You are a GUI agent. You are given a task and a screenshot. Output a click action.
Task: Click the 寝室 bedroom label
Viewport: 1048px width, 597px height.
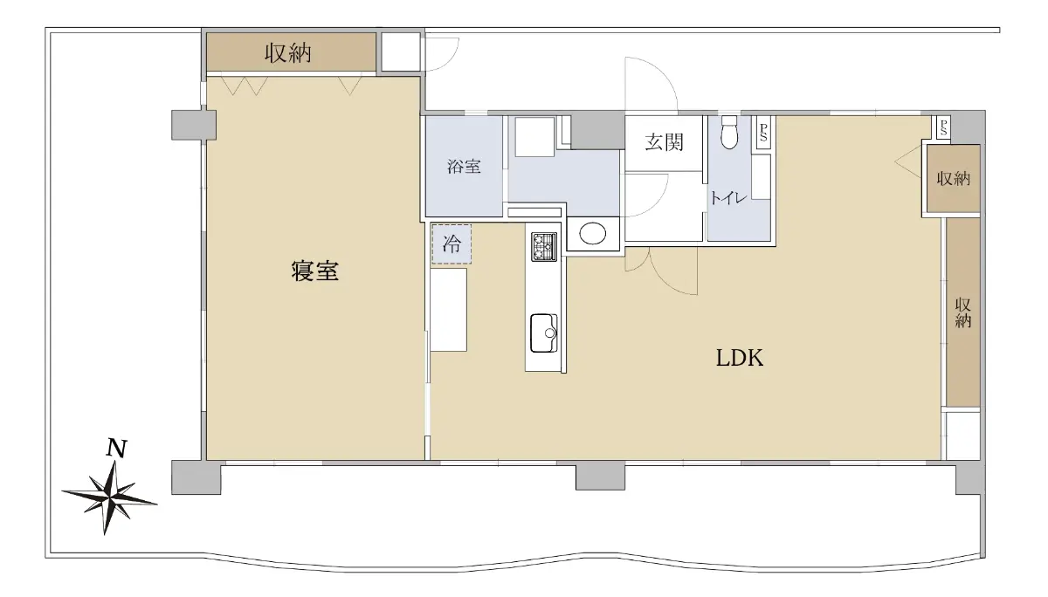[314, 271]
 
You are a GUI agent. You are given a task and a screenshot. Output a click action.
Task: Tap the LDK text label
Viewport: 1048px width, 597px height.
[740, 358]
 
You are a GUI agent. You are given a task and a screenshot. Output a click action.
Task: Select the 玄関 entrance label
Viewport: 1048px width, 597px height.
[664, 142]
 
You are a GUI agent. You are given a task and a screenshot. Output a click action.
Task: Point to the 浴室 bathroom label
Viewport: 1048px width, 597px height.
[464, 167]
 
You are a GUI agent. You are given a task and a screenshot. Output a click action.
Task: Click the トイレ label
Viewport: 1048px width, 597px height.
[728, 198]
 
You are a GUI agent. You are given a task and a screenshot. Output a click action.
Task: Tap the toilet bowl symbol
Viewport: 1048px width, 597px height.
[729, 133]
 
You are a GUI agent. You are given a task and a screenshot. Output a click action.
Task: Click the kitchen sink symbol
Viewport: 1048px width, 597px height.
[543, 333]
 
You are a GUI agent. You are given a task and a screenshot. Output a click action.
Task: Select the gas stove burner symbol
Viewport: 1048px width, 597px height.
[543, 247]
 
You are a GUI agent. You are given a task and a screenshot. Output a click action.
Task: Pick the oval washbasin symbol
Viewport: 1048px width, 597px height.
[592, 233]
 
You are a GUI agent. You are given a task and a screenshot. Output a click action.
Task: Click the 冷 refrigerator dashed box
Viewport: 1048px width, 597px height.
[451, 244]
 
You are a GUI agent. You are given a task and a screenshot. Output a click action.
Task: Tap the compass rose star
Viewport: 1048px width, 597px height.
[110, 497]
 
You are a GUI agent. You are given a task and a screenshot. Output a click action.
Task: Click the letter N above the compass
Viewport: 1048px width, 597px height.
[116, 448]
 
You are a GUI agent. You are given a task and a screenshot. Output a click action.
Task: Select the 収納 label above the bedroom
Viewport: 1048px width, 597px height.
[287, 53]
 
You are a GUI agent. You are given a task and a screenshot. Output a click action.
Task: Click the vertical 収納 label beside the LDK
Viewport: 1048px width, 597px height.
[962, 312]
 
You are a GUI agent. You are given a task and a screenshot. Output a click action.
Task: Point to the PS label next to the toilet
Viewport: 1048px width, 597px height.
[763, 133]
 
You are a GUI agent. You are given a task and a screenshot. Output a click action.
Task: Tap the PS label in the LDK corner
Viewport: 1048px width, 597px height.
[942, 127]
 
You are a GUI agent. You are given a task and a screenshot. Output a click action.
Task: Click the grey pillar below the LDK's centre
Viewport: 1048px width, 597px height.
[600, 477]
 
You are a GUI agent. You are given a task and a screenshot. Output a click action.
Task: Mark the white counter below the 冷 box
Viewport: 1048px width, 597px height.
[448, 310]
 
